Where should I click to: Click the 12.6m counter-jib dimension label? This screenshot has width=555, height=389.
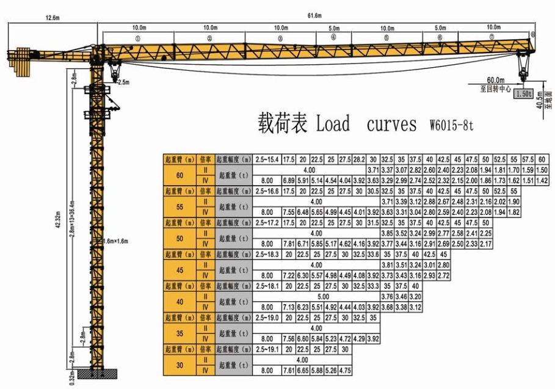[52, 18]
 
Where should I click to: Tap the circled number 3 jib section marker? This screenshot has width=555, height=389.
[280, 38]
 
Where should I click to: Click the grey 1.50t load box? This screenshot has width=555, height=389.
[523, 94]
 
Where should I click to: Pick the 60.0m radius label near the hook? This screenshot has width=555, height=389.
[495, 80]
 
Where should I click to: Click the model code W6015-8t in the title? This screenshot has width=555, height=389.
[451, 126]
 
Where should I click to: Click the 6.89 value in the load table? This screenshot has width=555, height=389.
[288, 181]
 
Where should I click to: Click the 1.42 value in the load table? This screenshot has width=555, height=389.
[541, 181]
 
